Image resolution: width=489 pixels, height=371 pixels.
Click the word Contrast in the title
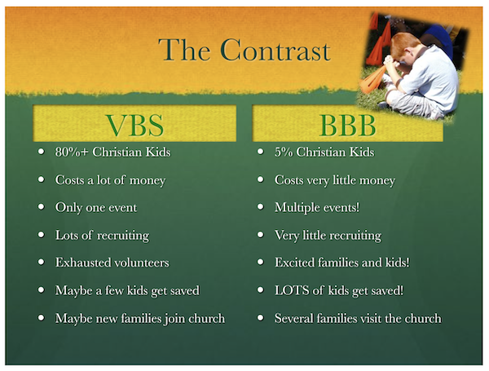coord(275,50)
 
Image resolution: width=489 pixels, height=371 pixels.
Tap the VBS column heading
coord(134,125)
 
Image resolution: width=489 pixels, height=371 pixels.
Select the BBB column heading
coord(348,125)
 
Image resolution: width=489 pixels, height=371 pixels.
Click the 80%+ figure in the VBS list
coord(72,152)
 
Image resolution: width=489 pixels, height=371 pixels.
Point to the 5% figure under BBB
coord(284,152)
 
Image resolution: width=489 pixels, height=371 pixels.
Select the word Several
coord(293,318)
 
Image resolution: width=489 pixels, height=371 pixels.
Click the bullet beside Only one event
coord(42,207)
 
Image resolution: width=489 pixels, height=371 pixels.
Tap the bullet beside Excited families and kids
coord(261,262)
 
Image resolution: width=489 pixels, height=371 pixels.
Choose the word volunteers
coord(141,263)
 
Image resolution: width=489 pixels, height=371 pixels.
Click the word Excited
coord(294,263)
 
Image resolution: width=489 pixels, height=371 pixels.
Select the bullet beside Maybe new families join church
coord(42,318)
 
